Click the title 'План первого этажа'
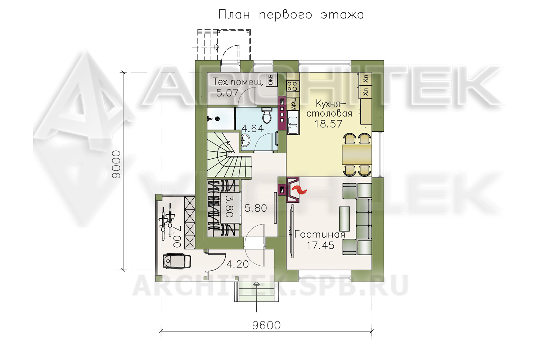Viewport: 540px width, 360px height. pyautogui.click(x=291, y=15)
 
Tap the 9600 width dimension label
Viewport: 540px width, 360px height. pyautogui.click(x=266, y=325)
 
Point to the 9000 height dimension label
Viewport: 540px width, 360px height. pyautogui.click(x=116, y=165)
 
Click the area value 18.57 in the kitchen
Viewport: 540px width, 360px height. pyautogui.click(x=328, y=124)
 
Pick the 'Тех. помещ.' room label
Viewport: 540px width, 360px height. pyautogui.click(x=238, y=82)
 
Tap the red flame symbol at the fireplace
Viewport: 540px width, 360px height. pyautogui.click(x=299, y=190)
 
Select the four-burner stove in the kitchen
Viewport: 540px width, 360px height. pyautogui.click(x=293, y=86)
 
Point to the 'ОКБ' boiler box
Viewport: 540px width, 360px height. pyautogui.click(x=271, y=80)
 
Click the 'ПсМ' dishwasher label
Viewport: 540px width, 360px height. pyautogui.click(x=293, y=104)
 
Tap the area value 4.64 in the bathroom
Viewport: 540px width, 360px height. pyautogui.click(x=252, y=129)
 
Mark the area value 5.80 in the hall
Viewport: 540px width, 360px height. pyautogui.click(x=256, y=208)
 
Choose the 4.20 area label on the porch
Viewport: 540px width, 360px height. pyautogui.click(x=238, y=264)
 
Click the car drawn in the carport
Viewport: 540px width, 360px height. pyautogui.click(x=177, y=261)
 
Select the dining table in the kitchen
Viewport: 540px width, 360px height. pyautogui.click(x=357, y=154)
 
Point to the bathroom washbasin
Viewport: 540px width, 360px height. pyautogui.click(x=246, y=140)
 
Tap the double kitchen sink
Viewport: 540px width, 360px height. pyautogui.click(x=293, y=125)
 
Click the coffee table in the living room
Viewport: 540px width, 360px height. pyautogui.click(x=344, y=219)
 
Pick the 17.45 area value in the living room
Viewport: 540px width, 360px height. pyautogui.click(x=320, y=246)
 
